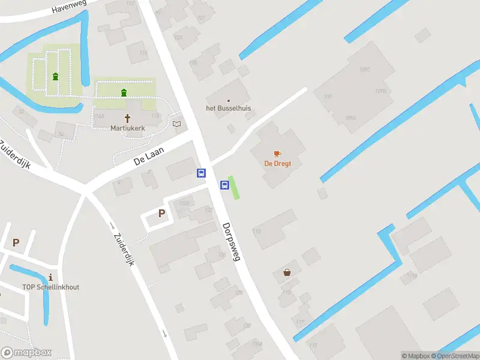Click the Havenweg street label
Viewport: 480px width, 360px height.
[x=70, y=7]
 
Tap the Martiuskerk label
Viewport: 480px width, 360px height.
[x=127, y=128]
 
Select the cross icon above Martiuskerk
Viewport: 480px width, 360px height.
[x=127, y=118]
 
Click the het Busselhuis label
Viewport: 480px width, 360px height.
[x=229, y=108]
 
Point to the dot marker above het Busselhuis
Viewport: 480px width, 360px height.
[x=228, y=100]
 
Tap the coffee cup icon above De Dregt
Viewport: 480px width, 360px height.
[x=277, y=154]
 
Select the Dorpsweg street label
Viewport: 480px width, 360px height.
[x=231, y=241]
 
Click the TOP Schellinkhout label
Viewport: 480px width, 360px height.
[x=50, y=287]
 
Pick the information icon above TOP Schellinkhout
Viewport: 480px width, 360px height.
[x=50, y=277]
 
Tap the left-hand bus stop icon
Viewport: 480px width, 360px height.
[x=201, y=173]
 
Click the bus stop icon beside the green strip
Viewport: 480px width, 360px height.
[x=224, y=185]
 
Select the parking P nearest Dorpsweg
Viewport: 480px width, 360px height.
[x=161, y=213]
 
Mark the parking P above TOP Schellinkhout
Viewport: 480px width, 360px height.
[x=16, y=243]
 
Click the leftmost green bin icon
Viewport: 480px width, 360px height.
[x=56, y=76]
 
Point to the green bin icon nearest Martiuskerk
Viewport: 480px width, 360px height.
[x=124, y=92]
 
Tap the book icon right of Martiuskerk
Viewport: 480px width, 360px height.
[x=176, y=124]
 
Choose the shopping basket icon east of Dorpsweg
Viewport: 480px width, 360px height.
[x=287, y=272]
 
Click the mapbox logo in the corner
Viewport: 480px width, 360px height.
[x=26, y=353]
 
